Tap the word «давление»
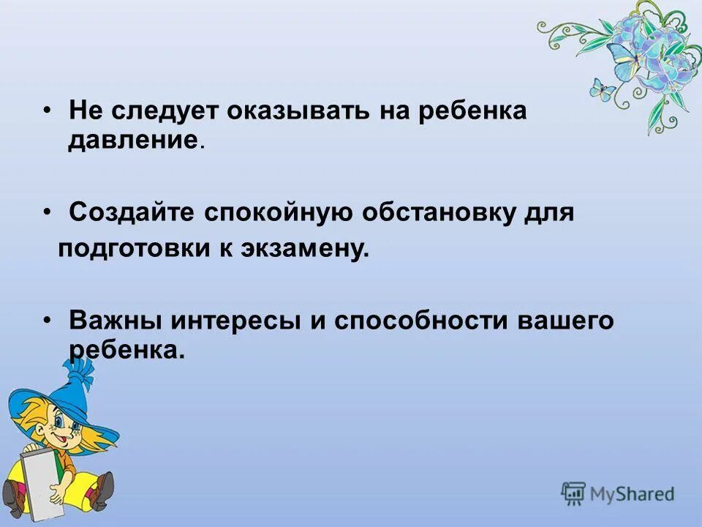[133, 140]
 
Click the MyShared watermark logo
[618, 494]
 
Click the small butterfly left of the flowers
[602, 89]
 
